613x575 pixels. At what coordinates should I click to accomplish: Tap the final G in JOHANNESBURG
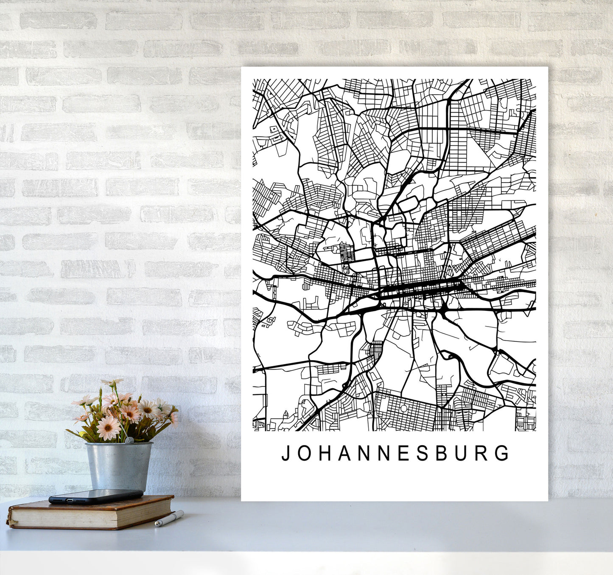tap(503, 454)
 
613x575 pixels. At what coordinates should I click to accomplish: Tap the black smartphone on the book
tap(95, 496)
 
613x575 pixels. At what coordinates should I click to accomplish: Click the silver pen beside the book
tap(169, 519)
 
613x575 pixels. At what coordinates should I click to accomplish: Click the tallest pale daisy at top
tap(112, 383)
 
